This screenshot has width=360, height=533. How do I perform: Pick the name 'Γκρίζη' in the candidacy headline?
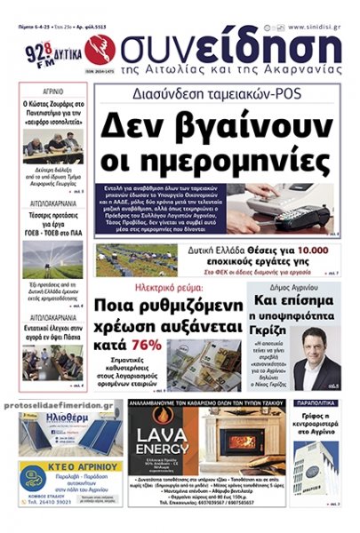coord(300,326)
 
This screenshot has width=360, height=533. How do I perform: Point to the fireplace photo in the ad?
coord(235,440)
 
